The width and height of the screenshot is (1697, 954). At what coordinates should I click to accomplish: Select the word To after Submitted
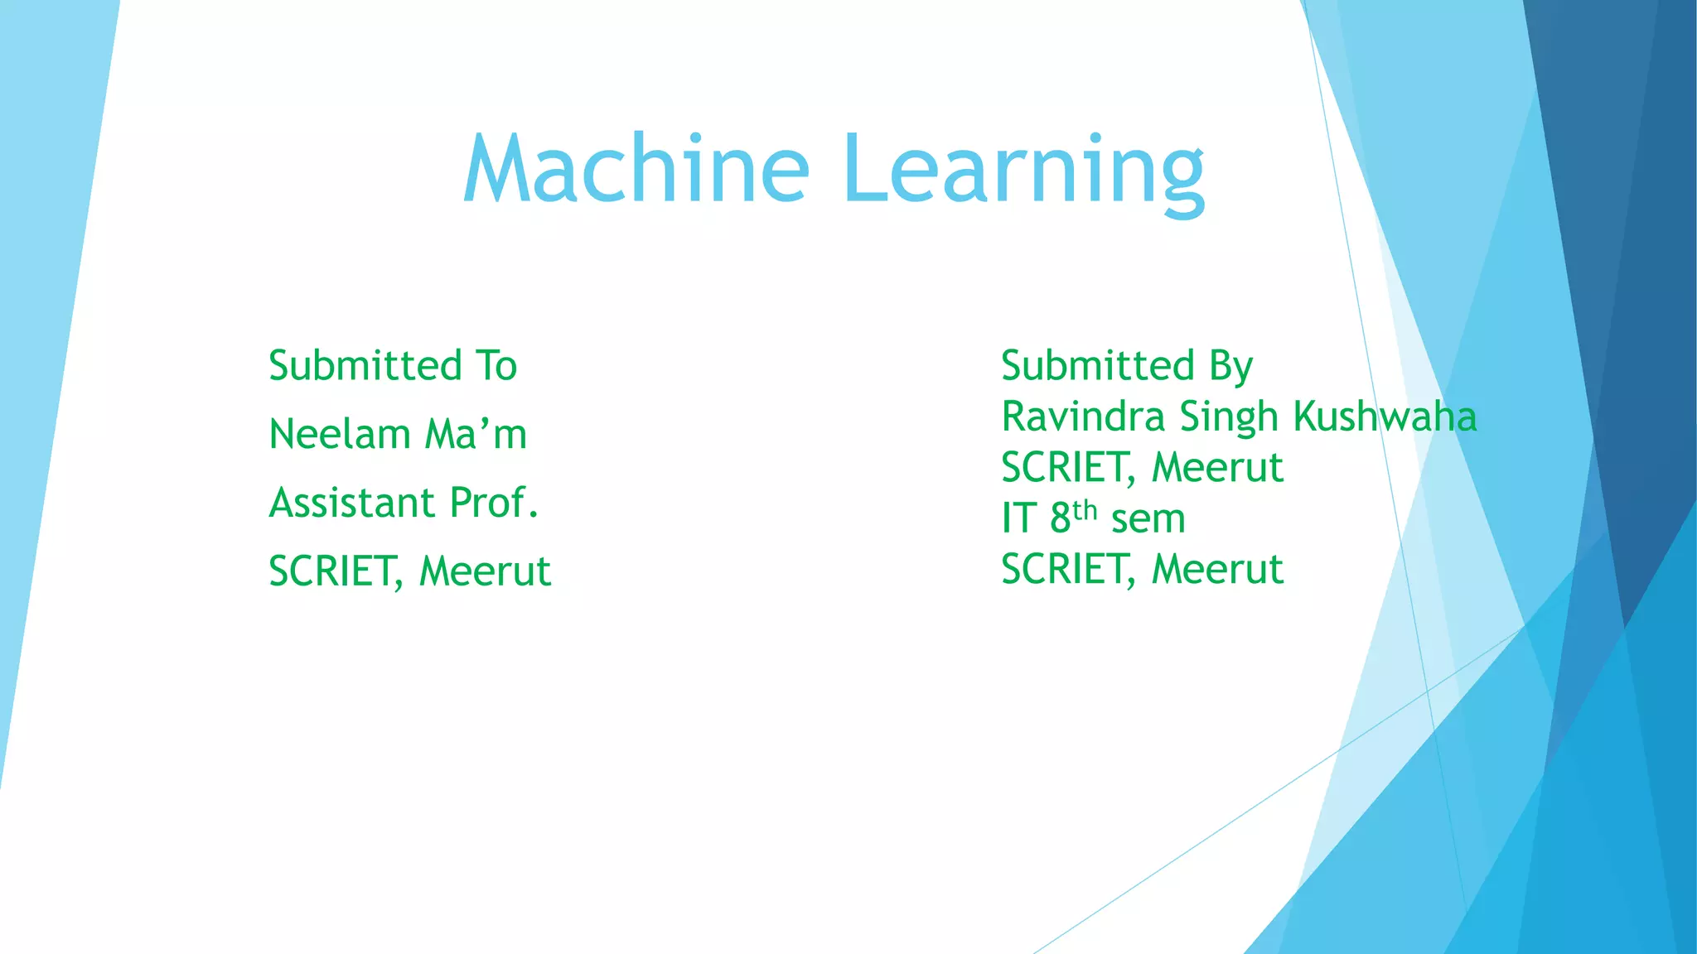496,366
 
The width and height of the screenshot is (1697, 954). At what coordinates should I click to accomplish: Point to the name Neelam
339,434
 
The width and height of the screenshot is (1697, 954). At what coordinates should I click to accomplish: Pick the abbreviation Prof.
494,503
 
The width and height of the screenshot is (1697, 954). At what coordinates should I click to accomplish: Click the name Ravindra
1083,417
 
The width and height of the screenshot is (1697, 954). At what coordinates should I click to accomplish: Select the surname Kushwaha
1385,417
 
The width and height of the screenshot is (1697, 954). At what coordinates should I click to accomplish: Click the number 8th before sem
1073,518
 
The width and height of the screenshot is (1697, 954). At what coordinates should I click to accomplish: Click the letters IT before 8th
1018,518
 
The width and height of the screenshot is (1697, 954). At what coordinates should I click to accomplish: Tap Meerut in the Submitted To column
485,571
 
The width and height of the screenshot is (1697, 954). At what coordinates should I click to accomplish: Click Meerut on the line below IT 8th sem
1217,570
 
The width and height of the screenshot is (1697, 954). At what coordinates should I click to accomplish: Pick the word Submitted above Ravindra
1098,366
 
